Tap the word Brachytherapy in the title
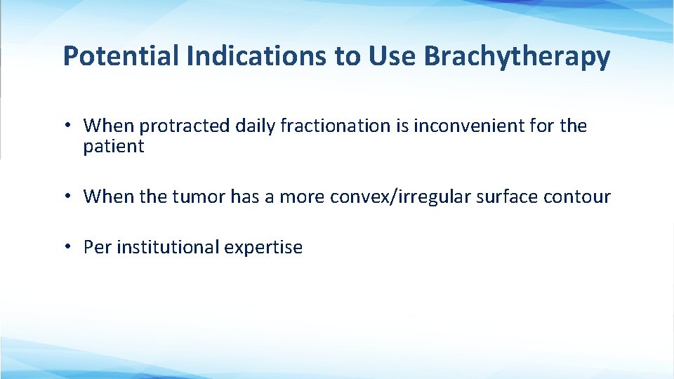pyautogui.click(x=517, y=56)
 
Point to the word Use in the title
pyautogui.click(x=393, y=56)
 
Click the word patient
pyautogui.click(x=113, y=147)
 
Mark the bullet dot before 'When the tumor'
pyautogui.click(x=68, y=197)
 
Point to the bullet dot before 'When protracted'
pyautogui.click(x=68, y=126)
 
